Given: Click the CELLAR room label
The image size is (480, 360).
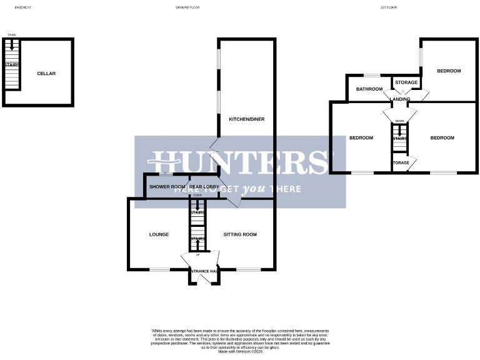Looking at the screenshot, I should tap(46, 74).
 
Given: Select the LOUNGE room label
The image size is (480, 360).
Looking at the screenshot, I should tap(159, 235).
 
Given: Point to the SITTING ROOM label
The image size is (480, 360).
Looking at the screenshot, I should tap(241, 235).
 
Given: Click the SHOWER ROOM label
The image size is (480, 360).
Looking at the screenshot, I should tap(167, 187).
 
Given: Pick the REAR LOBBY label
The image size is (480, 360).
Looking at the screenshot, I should tap(203, 187).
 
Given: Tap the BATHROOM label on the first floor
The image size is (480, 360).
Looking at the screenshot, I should tap(369, 89).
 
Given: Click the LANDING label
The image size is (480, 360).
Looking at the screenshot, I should tap(400, 99).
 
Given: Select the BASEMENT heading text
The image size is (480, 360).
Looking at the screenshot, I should tap(22, 7).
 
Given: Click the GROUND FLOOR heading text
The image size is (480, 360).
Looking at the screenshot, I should tap(187, 7).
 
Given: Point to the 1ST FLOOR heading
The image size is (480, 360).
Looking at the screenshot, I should tap(389, 7).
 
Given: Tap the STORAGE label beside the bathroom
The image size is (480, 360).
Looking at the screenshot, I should tap(406, 82).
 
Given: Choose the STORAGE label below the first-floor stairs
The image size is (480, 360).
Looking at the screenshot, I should tap(401, 163).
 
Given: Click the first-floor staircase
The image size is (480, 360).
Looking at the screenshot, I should tap(400, 139).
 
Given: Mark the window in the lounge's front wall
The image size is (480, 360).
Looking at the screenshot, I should tap(159, 270).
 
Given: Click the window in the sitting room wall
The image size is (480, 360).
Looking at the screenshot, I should tap(248, 270).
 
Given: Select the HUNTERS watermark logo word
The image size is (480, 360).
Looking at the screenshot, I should tap(241, 162).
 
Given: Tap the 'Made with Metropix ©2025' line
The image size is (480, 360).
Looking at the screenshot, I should tap(241, 352).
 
